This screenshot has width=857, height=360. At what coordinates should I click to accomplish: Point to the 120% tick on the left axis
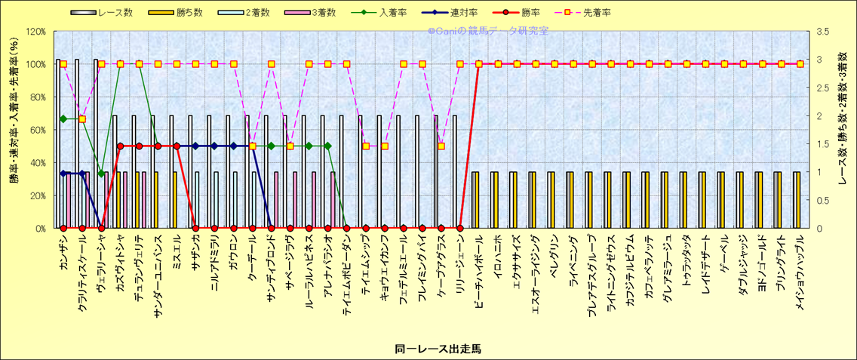coord(35,32)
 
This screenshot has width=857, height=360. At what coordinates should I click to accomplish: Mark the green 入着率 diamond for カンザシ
coord(63,118)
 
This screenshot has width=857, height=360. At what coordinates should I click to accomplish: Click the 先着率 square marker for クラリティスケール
coord(82,118)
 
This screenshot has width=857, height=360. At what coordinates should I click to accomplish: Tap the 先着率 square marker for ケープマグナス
coord(441,146)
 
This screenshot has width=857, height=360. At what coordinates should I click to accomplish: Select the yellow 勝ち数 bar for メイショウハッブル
coord(797,200)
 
